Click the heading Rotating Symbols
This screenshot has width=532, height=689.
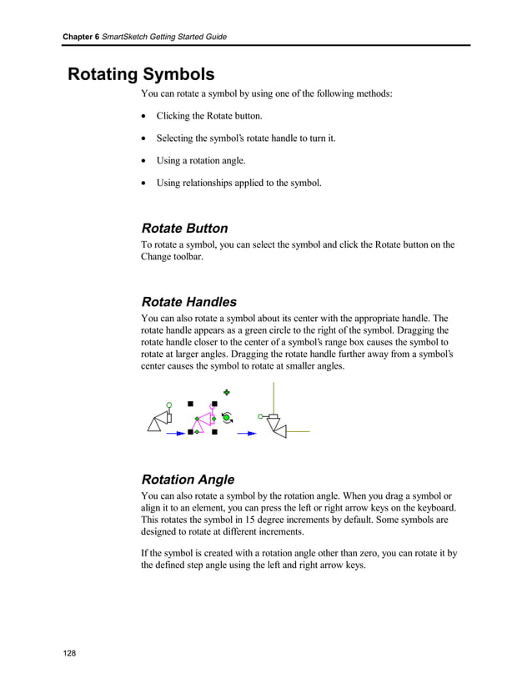pos(141,74)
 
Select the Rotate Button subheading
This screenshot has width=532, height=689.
pos(184,229)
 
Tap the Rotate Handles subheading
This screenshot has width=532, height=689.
pos(188,302)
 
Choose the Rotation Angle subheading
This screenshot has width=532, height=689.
pos(188,480)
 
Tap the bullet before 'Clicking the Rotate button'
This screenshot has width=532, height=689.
pos(145,116)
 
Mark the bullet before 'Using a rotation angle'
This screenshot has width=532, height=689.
pos(145,161)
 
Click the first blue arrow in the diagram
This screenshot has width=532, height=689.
pos(176,433)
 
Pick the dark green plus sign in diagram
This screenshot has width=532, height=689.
pos(226,391)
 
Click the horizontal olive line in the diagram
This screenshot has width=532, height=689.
pos(298,431)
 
